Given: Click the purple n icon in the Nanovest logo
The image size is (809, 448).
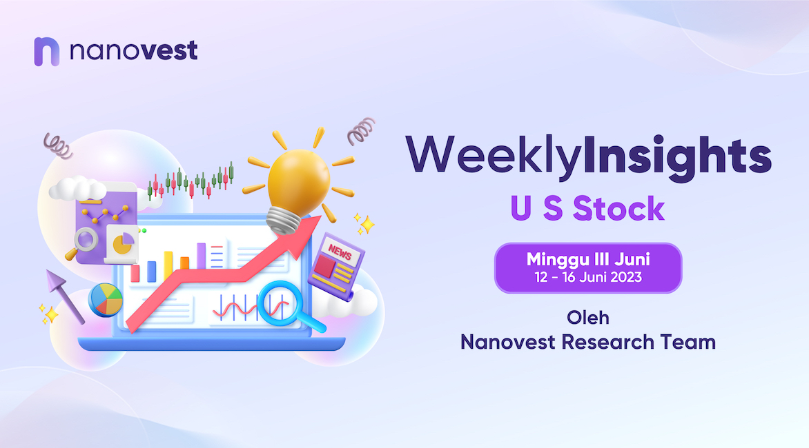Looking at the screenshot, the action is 46,52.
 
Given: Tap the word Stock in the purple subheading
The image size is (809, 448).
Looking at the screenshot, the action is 618,209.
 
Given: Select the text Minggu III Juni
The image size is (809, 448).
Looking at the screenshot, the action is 588,259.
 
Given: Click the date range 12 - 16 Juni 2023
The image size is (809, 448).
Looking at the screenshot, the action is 588,278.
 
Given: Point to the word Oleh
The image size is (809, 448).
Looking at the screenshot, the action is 588,318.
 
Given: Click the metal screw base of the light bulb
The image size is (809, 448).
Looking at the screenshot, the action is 283,221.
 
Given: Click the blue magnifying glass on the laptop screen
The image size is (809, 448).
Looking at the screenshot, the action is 287,306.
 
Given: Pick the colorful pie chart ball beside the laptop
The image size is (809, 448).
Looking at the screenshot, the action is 106,300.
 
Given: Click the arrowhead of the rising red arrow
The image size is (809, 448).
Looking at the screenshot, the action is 303,235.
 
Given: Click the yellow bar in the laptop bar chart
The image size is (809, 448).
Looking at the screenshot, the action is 168,266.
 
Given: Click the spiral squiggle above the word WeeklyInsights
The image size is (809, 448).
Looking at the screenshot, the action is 361,130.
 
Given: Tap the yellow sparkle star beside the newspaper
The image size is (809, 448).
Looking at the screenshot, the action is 366,223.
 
